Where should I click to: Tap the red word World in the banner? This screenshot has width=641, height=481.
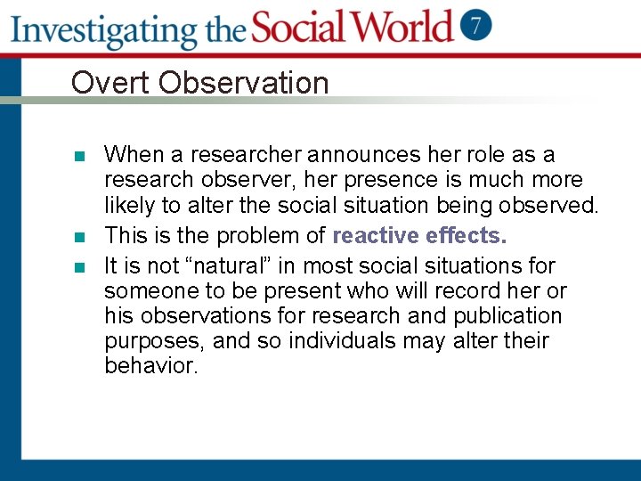(401, 27)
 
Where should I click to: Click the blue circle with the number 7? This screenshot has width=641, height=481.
(476, 26)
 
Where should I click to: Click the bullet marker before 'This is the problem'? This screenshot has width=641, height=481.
(80, 238)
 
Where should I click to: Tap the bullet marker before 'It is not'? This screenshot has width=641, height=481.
(80, 267)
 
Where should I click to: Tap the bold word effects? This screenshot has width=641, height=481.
(467, 236)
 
